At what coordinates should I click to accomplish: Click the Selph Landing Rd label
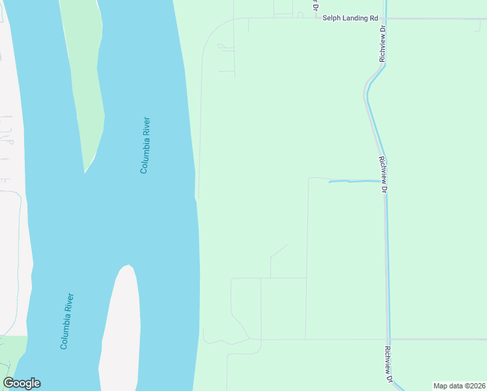point(350,18)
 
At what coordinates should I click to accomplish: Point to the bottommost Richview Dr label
point(387,364)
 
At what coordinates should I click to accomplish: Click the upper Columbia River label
point(145,145)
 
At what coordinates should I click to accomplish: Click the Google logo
point(21,383)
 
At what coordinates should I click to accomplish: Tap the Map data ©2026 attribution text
point(459,386)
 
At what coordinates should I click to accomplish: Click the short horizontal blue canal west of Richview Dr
point(354,181)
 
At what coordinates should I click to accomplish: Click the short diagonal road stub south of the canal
point(279,251)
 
